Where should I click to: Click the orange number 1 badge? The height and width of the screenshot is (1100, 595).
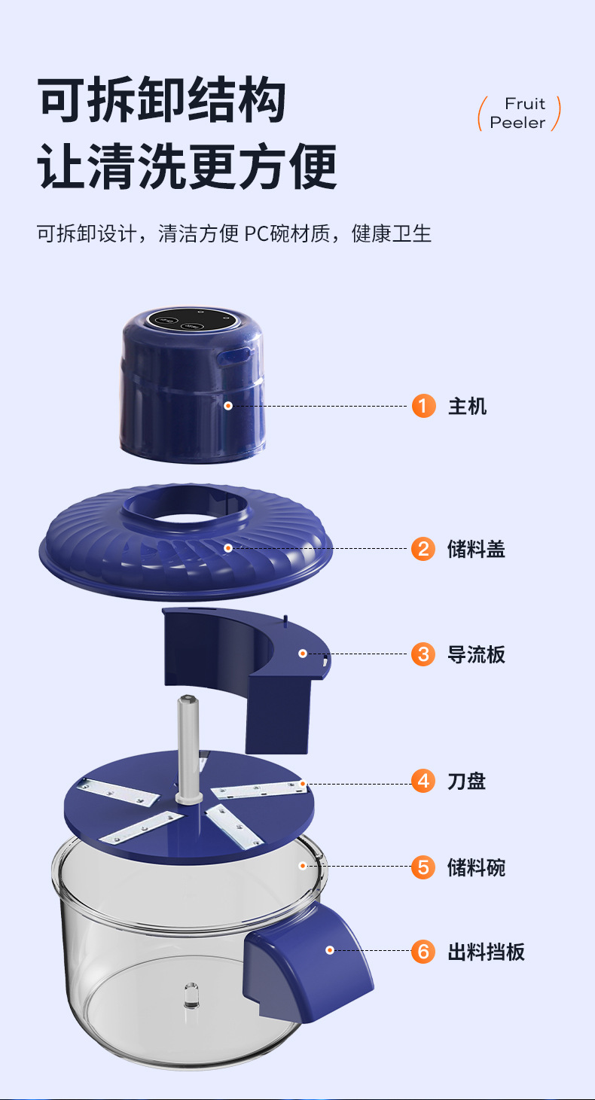[x=423, y=406]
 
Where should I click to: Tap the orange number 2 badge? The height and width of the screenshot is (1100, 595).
[x=423, y=549]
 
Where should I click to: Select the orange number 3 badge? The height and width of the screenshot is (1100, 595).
[x=423, y=654]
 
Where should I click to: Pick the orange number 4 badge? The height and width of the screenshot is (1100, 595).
[x=423, y=781]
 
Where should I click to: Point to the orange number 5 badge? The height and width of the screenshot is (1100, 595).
[x=423, y=867]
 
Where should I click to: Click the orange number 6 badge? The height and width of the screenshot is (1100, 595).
[x=423, y=952]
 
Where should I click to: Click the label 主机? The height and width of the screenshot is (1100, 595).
[x=467, y=407]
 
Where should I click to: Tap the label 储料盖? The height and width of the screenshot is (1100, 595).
[x=476, y=549]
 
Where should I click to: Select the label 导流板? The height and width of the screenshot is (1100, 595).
[x=476, y=654]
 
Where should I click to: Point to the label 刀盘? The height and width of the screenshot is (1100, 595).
[x=467, y=782]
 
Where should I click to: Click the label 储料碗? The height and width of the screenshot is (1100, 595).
[x=476, y=867]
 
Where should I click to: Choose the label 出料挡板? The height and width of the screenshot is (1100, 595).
[x=487, y=952]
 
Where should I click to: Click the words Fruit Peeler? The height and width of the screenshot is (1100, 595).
[x=519, y=113]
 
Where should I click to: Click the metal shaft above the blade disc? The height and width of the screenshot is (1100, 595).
[x=189, y=749]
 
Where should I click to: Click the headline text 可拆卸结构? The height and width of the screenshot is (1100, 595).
[x=162, y=99]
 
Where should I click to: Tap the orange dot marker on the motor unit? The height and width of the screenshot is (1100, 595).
[x=228, y=406]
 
